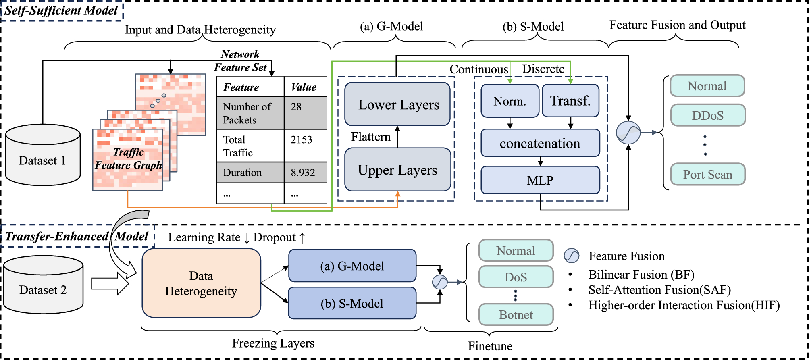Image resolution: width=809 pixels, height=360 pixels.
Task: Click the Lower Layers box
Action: tap(397, 104)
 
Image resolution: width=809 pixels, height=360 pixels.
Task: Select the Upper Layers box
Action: tap(397, 170)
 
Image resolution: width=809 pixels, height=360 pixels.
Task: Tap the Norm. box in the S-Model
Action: tap(510, 101)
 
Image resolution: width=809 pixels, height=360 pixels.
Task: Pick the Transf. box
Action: tap(570, 101)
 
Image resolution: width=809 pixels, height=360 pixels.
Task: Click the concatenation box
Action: tap(540, 143)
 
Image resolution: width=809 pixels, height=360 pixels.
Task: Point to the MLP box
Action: tap(540, 180)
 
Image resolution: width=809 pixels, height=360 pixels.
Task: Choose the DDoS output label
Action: tap(707, 115)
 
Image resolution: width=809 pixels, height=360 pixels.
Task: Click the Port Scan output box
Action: tap(707, 174)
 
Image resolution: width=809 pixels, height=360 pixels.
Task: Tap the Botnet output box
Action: tap(516, 314)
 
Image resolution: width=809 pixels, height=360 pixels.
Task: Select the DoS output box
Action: tap(516, 277)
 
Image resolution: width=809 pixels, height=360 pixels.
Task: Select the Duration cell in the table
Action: tap(250, 173)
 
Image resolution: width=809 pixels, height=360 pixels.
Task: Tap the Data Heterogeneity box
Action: tap(201, 283)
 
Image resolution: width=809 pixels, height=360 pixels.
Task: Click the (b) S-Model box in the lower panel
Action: tap(352, 303)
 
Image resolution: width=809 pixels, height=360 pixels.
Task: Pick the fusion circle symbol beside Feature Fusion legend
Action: tap(571, 256)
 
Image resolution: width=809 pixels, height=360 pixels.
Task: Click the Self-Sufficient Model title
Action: tap(61, 10)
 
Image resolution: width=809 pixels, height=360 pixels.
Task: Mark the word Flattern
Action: tap(370, 137)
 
